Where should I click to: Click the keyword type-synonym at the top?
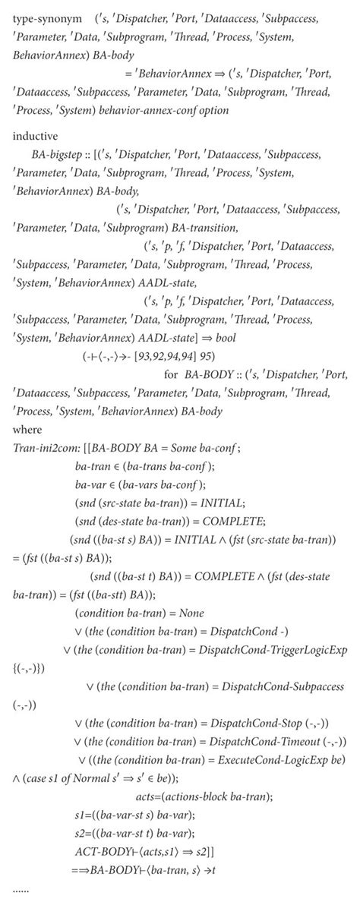44,17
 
